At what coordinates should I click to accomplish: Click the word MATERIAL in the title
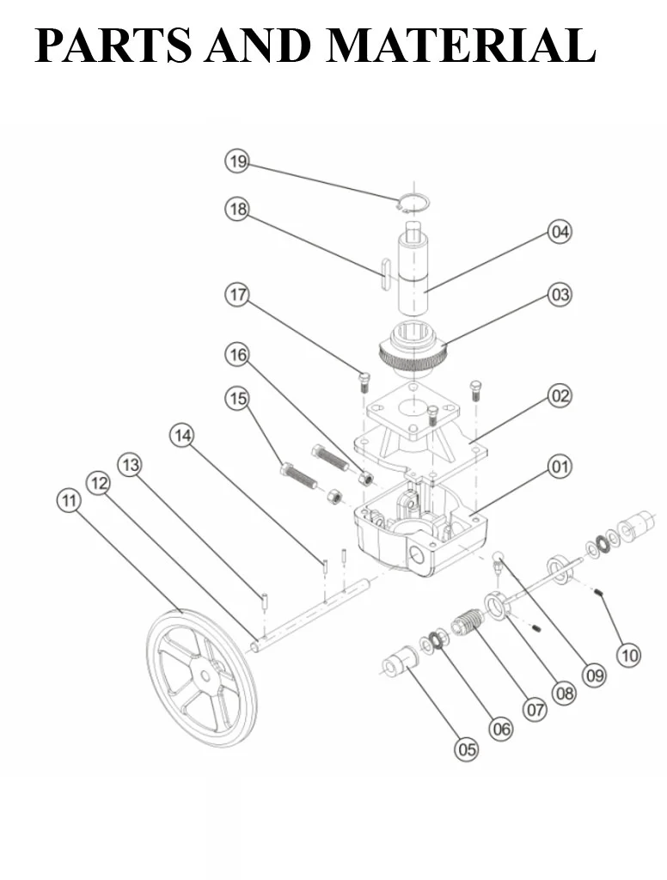461,45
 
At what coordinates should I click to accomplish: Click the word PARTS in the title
113,45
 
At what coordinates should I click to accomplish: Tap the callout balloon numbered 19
237,162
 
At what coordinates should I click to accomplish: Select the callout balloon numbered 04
560,232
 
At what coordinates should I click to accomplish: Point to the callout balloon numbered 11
69,500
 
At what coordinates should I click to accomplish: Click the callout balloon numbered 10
629,655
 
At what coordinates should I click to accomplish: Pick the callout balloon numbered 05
467,749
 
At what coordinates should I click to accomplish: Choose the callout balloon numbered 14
182,436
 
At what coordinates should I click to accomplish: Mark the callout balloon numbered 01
560,467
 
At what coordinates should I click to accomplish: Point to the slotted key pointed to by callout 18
384,274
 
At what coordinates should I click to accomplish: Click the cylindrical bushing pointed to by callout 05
400,659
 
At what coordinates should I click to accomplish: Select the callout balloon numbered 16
237,355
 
